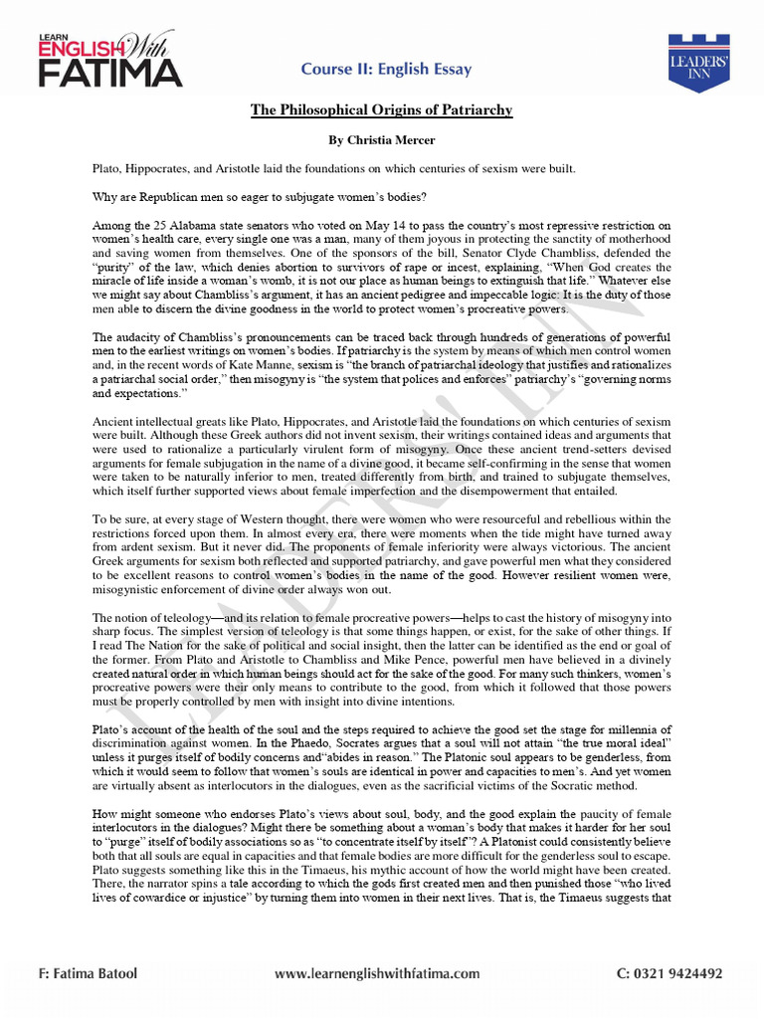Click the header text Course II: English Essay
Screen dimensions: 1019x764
point(387,69)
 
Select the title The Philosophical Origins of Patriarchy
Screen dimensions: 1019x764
point(381,109)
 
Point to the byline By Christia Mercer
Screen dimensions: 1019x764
point(381,140)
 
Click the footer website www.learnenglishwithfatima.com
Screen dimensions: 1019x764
point(377,973)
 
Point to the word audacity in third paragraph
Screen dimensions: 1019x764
point(145,337)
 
